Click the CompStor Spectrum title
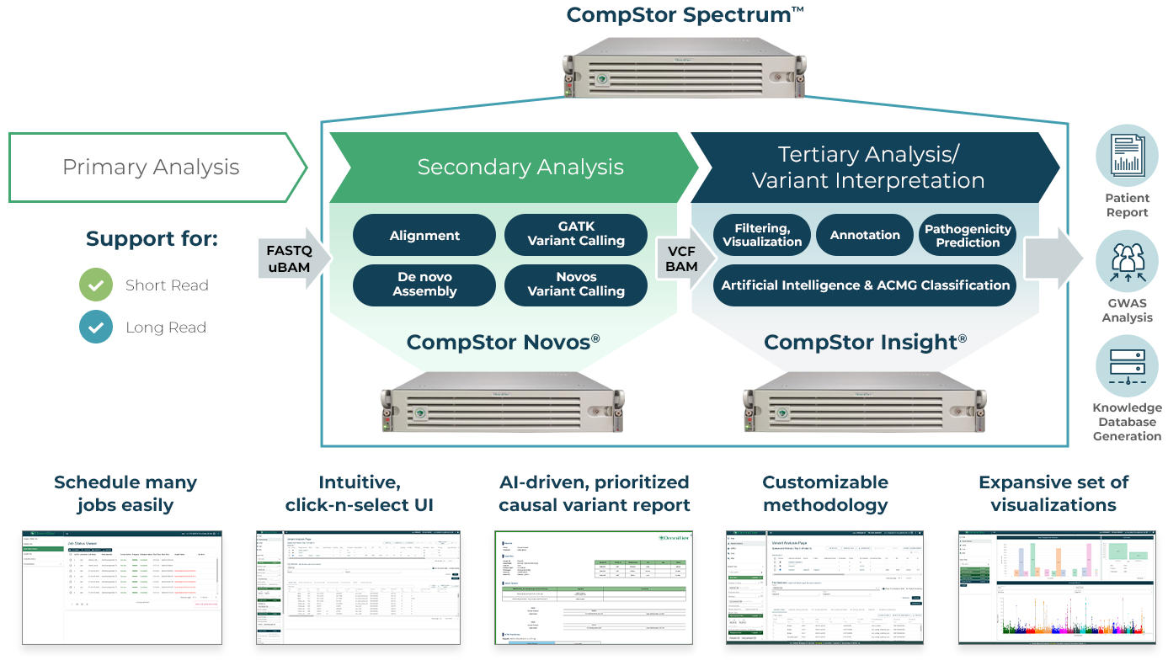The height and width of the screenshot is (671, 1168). click(684, 14)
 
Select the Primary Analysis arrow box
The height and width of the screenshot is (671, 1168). click(152, 167)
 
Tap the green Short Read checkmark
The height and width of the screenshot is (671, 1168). click(96, 285)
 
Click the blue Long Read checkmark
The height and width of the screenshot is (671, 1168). click(96, 328)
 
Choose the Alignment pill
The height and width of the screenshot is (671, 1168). click(424, 236)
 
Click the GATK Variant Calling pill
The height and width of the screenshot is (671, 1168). click(576, 235)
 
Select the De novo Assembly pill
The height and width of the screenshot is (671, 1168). click(424, 285)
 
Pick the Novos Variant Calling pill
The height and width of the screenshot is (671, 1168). click(576, 285)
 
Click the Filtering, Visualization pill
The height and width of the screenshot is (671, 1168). click(762, 236)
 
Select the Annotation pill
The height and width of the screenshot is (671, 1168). click(865, 236)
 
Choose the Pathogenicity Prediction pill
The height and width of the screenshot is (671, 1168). click(968, 236)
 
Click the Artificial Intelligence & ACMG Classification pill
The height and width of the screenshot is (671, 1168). click(865, 285)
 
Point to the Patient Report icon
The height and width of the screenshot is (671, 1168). click(1127, 156)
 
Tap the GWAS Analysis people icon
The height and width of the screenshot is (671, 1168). click(1127, 261)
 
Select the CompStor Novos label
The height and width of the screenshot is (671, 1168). click(503, 343)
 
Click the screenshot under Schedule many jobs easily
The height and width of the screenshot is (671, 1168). click(122, 588)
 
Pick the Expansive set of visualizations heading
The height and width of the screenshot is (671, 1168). click(1053, 494)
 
